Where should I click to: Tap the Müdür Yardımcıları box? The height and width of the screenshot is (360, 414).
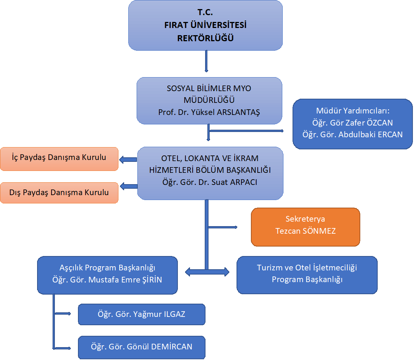352,124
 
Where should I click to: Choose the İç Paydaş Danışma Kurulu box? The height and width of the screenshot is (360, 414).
59,159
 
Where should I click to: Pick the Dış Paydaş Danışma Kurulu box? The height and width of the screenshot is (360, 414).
59,192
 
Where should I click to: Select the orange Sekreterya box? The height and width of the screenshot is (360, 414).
305,227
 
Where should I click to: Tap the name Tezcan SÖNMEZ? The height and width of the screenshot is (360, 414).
305,231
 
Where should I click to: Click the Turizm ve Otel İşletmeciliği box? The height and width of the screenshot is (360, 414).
307,275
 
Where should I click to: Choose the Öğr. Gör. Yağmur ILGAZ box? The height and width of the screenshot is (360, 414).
142,314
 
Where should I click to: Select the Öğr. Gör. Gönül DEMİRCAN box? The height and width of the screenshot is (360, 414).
142,347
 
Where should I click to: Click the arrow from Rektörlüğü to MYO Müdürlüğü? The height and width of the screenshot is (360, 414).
206,61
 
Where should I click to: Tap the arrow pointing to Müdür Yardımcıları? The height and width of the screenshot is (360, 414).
246,131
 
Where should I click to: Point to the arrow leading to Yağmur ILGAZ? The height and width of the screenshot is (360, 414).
62,313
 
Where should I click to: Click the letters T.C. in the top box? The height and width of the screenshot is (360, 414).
205,12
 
